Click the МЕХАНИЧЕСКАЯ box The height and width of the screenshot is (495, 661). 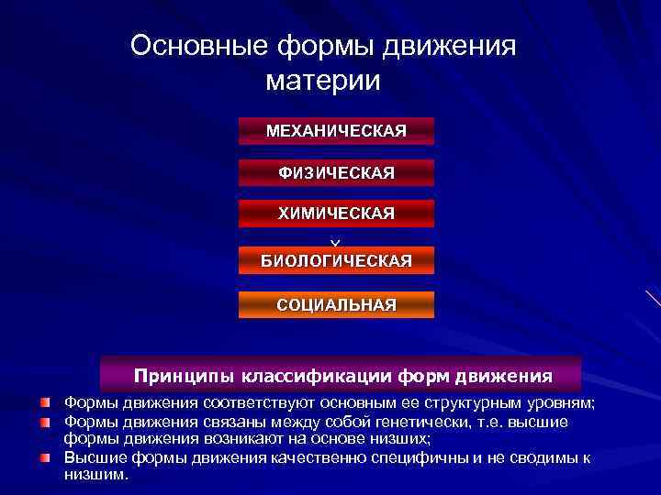[x=336, y=131]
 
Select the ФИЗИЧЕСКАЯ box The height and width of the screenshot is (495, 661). [x=336, y=172]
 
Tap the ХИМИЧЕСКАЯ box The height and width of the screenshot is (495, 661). [x=336, y=214]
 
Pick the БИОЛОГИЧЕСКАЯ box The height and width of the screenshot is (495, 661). [x=336, y=261]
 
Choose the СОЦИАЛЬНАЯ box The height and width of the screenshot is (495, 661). [x=336, y=304]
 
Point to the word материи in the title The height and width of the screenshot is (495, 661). [x=322, y=81]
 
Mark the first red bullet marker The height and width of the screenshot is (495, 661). [x=45, y=402]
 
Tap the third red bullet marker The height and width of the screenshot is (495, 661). [x=45, y=456]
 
